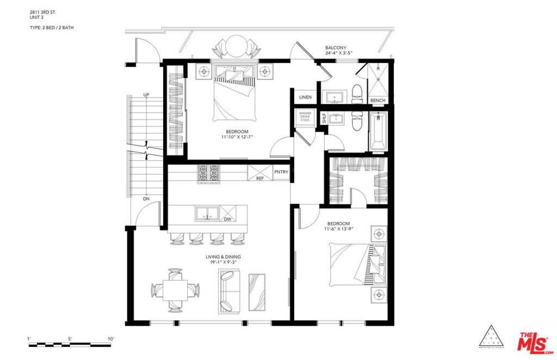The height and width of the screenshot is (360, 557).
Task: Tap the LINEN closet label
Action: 305,97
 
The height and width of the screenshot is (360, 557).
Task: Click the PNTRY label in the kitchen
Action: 281,172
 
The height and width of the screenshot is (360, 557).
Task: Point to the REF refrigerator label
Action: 260,178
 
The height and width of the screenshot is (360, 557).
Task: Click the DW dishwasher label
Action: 227,219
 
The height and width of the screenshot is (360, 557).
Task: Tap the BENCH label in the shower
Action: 377,101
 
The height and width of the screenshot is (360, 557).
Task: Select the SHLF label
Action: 324,118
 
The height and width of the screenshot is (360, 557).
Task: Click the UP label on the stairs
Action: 146,95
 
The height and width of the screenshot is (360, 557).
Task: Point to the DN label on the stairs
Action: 146,198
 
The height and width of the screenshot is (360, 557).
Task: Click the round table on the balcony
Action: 236,46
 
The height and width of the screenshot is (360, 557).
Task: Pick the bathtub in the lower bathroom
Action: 377,131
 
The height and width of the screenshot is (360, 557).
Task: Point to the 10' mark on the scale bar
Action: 110,339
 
